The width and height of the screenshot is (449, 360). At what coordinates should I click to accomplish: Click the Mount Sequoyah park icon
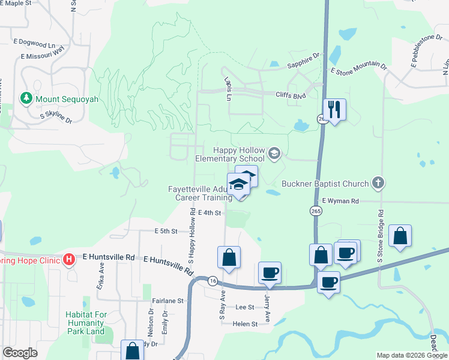[x=26, y=98]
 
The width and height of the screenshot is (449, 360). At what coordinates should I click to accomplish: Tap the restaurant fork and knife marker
[x=334, y=109]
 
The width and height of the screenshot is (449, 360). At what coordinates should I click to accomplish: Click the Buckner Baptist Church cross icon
[x=378, y=182]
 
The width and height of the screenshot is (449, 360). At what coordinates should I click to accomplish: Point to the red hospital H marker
[x=69, y=260]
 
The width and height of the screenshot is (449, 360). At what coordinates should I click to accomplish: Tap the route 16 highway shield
[x=212, y=280]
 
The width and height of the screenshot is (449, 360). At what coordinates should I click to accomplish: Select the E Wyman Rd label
[x=340, y=201]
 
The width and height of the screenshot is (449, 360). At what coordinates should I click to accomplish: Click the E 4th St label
[x=209, y=212]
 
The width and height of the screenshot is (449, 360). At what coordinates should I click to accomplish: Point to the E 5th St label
[x=166, y=231]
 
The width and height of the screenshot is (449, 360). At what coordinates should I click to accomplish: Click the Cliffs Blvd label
[x=291, y=95]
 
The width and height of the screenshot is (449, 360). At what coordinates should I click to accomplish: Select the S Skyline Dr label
[x=55, y=118]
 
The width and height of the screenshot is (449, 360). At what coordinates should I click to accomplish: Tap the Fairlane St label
[x=167, y=301]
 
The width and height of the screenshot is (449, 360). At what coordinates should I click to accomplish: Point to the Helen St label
[x=246, y=323]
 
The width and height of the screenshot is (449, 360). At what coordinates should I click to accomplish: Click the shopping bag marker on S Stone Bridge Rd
[x=400, y=236]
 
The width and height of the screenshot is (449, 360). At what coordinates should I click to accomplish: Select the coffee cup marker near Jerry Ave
[x=270, y=273]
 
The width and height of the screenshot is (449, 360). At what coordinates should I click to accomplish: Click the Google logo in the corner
[x=20, y=353]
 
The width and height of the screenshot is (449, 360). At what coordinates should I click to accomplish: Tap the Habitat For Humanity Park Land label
[x=86, y=323]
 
